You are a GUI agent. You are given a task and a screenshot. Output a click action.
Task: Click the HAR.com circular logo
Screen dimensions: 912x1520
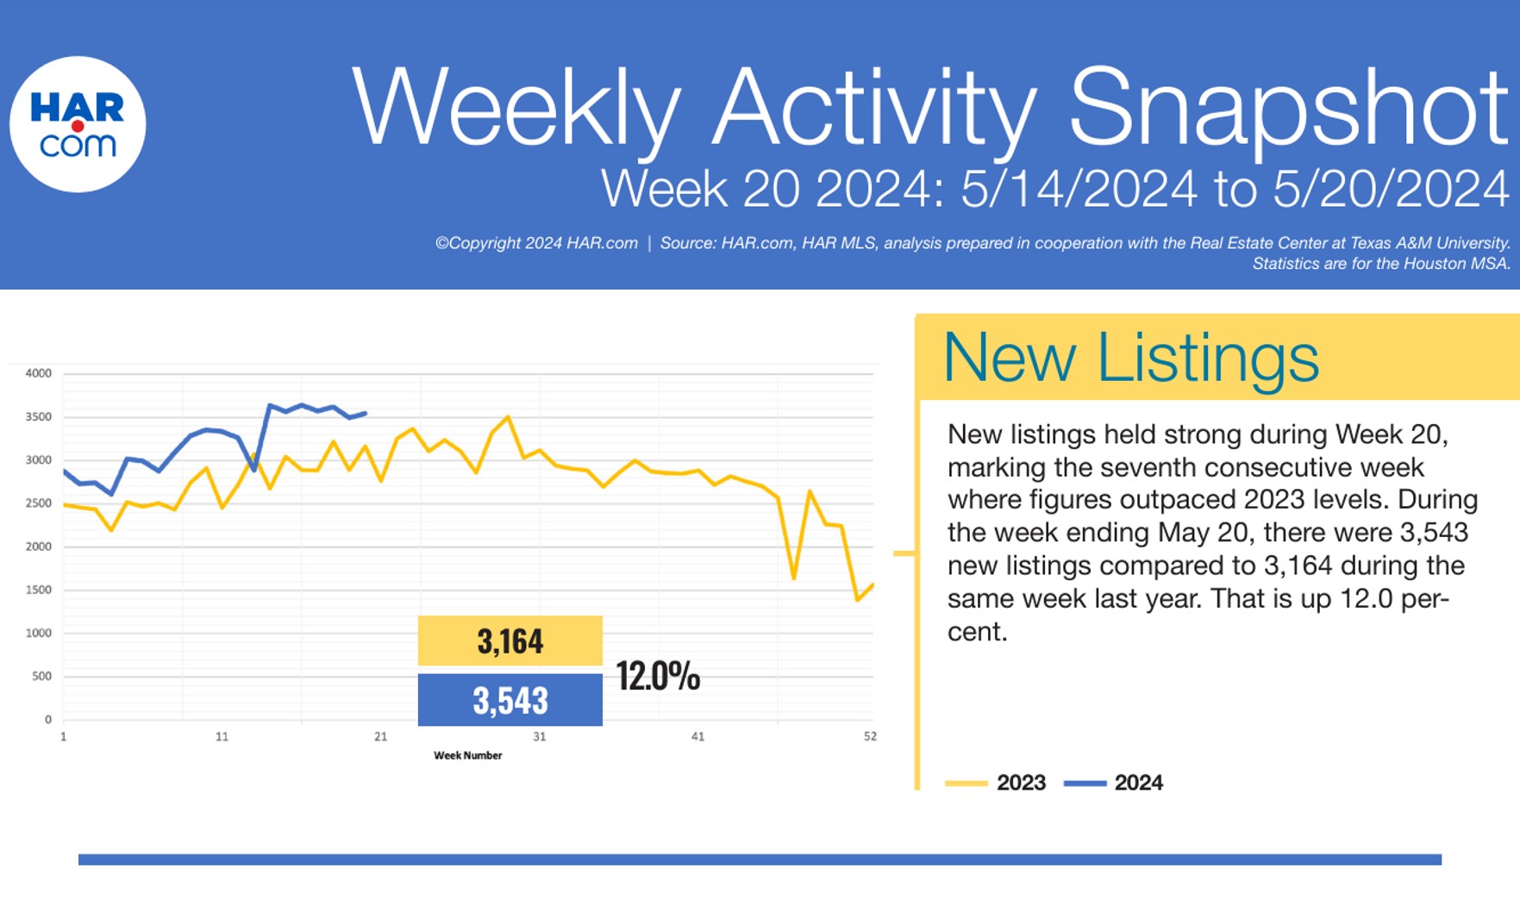[x=78, y=124]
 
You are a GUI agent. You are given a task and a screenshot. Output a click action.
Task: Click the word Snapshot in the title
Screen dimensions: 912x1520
[x=1288, y=109]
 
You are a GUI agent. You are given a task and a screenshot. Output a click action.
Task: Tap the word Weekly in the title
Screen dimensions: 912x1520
[x=516, y=109]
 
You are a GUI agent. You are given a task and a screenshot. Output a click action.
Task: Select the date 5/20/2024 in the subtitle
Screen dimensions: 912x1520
[x=1391, y=188]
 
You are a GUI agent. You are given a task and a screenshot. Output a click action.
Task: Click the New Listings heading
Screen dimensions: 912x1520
[x=1130, y=357]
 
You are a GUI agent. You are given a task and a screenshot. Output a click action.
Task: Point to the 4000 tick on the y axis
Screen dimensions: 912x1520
[x=39, y=373]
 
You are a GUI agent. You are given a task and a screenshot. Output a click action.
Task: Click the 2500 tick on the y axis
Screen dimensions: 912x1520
[x=39, y=503]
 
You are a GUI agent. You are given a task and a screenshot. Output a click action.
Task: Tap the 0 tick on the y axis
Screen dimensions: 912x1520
[x=48, y=720]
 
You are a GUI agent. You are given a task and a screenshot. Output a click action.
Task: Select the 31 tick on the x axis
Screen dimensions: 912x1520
[x=539, y=737]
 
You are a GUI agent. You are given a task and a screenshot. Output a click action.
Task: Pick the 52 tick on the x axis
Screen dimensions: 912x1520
[x=870, y=737]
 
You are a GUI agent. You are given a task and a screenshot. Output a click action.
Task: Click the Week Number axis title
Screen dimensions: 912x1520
[x=467, y=756]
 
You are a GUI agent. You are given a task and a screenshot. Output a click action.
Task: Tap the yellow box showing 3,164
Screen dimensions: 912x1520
[x=510, y=640]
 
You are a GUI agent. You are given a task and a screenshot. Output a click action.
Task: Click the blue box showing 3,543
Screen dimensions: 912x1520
[x=510, y=700]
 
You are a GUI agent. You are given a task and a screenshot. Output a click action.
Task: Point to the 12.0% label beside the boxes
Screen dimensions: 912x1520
[x=658, y=676]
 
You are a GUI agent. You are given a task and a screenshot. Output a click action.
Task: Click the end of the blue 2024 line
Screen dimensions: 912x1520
[x=366, y=413]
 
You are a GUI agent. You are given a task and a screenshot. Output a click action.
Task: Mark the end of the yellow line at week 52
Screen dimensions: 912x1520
[x=873, y=584]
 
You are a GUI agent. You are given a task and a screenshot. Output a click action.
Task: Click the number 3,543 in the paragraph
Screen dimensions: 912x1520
[x=1434, y=532]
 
